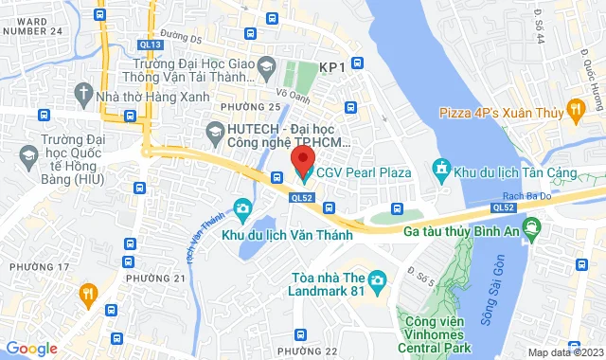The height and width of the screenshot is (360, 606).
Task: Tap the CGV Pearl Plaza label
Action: (364, 172)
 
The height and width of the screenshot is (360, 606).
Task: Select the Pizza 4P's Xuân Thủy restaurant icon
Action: (575, 113)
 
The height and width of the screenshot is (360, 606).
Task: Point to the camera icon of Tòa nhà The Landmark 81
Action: (377, 280)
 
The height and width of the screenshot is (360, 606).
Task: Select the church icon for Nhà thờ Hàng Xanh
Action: (82, 94)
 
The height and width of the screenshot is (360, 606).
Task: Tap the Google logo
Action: (31, 349)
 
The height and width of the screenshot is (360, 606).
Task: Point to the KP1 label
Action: (330, 67)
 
